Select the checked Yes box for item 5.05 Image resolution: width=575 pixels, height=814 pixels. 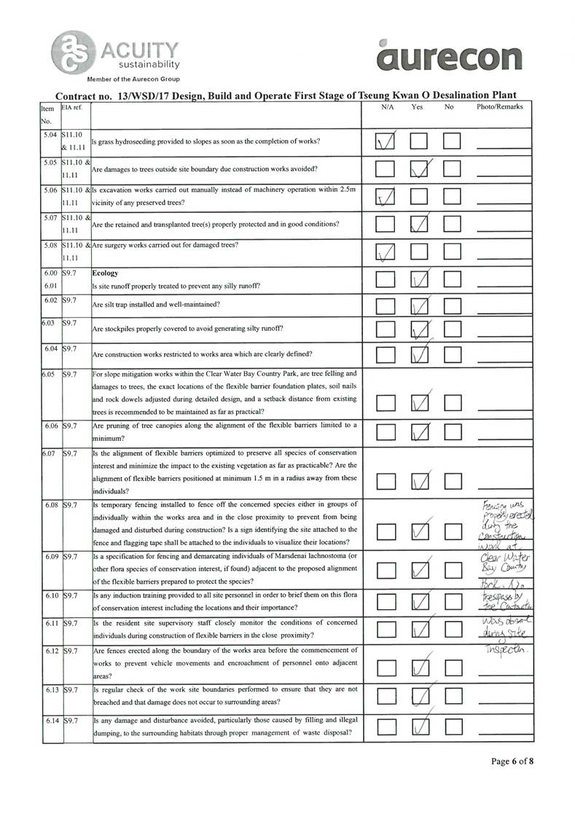coord(420,170)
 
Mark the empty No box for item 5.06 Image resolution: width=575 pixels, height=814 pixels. coord(453,197)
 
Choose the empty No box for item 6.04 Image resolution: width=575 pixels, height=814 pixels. coord(453,355)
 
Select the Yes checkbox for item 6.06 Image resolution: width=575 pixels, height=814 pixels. coord(420,433)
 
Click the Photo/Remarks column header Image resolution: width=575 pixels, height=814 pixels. coord(499,107)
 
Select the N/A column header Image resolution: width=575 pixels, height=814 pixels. coord(388,107)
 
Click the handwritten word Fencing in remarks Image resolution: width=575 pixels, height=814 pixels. coord(496,506)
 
